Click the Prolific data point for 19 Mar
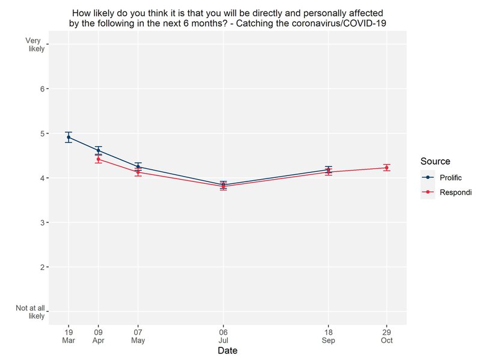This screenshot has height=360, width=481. coord(69,137)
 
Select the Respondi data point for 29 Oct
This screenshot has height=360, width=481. coord(387,168)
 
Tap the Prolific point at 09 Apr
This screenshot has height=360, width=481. coord(98,150)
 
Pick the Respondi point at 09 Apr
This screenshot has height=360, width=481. coord(98,159)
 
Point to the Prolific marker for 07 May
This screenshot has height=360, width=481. coord(138,167)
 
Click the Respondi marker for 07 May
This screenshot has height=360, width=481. coord(138,172)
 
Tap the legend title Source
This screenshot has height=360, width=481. coord(435,161)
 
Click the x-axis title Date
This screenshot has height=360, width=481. coord(227,349)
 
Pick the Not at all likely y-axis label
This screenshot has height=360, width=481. coord(30,311)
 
